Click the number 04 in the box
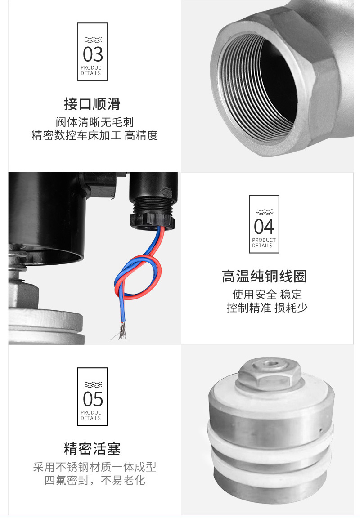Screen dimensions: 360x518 coord(264,227)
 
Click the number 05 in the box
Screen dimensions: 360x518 coord(93,399)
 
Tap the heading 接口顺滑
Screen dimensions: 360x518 coord(92,104)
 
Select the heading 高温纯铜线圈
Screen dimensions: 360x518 coord(264,276)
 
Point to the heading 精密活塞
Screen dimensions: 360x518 coord(92,449)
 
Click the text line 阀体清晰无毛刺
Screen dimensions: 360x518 coord(95,122)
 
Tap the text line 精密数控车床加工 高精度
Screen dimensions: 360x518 coord(95,135)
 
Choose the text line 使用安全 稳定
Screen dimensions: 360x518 coord(267,294)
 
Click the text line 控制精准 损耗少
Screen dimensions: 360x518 coord(267,308)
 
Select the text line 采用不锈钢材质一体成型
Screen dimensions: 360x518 coord(95,467)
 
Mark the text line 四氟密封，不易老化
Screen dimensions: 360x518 coord(95,480)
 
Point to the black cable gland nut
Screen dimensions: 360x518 coord(153,221)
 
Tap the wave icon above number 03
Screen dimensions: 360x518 coord(93,40)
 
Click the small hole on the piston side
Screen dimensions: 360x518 coord(321,430)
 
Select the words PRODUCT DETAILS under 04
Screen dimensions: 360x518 coord(264,243)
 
